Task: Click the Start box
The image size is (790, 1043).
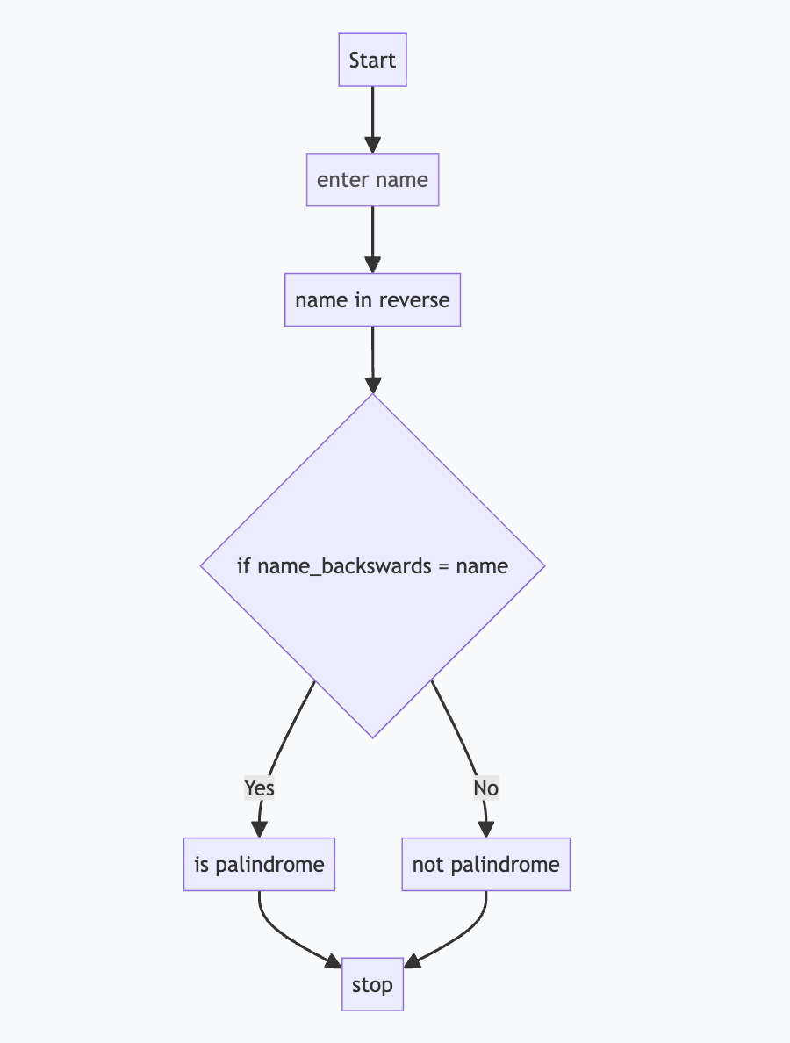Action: (x=372, y=61)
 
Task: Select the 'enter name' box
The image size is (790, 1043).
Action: (x=372, y=180)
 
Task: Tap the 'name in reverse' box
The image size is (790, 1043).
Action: (x=372, y=300)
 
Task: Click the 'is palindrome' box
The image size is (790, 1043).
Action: (x=259, y=865)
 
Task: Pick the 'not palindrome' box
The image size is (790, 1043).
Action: (x=485, y=865)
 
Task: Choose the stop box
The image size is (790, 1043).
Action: (x=372, y=985)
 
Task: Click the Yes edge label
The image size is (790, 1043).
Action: (x=259, y=788)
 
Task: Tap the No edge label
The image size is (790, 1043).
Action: (x=485, y=788)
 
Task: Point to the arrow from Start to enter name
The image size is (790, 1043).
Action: (x=372, y=119)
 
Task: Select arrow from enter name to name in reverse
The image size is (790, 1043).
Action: (x=372, y=239)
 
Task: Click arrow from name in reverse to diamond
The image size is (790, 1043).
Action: (x=372, y=358)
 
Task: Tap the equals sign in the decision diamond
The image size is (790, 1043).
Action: (x=445, y=566)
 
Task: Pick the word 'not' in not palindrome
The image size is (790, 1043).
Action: (x=427, y=865)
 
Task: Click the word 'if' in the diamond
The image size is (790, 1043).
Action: (x=244, y=565)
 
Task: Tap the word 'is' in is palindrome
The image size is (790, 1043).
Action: (x=202, y=865)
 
